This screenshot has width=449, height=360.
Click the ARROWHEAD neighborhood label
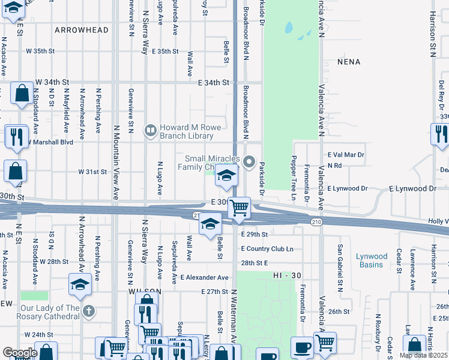click(82, 30)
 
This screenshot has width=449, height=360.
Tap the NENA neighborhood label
click(349, 62)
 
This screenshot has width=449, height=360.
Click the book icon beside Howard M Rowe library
click(150, 130)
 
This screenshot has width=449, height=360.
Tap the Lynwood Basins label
click(372, 260)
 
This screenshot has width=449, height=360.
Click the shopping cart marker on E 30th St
click(240, 208)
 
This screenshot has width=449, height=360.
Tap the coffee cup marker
click(301, 347)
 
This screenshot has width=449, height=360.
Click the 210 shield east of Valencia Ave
click(316, 222)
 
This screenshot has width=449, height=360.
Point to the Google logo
click(19, 353)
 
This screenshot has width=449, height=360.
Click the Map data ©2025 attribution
click(423, 355)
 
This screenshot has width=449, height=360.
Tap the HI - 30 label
click(286, 275)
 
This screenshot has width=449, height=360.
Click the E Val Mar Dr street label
click(346, 155)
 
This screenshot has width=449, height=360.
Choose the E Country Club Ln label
click(267, 248)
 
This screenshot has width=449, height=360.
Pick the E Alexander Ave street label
click(205, 278)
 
